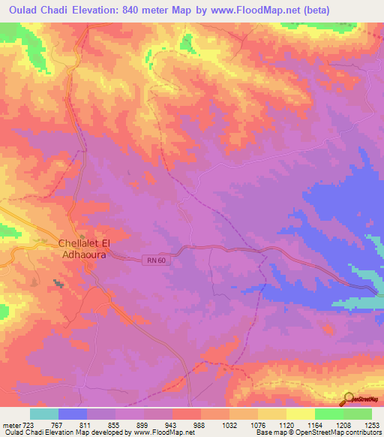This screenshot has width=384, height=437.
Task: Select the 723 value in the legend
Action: pyautogui.click(x=27, y=424)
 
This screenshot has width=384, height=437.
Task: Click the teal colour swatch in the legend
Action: pyautogui.click(x=44, y=414)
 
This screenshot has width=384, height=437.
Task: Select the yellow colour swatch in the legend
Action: pyautogui.click(x=301, y=414)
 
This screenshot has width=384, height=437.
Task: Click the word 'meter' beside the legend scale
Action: pyautogui.click(x=10, y=424)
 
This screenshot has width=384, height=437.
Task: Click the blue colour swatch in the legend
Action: pyautogui.click(x=73, y=414)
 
